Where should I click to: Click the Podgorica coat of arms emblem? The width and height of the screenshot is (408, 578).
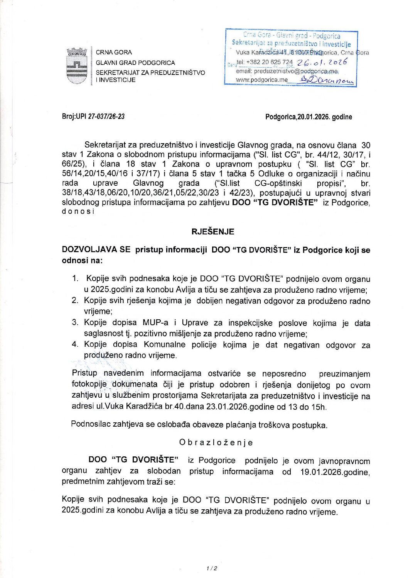coord(76,66)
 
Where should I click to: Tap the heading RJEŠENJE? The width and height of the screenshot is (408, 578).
coord(213,232)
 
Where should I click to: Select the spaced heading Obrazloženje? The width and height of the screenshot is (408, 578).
coord(216,442)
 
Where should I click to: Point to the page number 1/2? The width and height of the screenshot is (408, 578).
coord(212,568)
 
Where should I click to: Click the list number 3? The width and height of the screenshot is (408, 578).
coord(75,322)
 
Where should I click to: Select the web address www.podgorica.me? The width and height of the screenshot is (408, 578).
coord(261,80)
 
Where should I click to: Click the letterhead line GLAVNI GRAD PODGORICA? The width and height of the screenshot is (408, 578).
coord(135,63)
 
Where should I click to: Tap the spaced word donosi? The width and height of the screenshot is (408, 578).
coord(78,212)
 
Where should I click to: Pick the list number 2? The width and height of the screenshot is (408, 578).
coord(75,300)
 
